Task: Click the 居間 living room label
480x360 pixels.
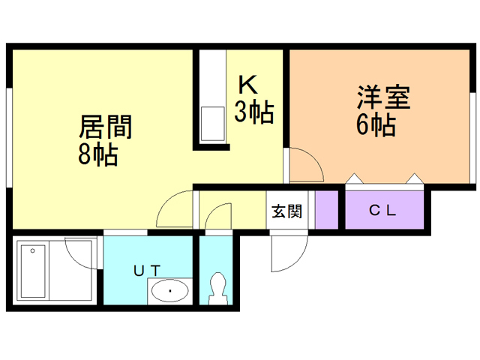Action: point(106,127)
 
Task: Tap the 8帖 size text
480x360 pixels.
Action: point(97,155)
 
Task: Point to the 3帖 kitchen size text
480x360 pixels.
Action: point(253,112)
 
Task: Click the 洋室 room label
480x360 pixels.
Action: point(382,98)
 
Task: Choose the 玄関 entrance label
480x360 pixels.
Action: point(286,211)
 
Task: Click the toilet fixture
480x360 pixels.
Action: point(218,288)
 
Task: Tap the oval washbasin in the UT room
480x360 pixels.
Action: point(170,290)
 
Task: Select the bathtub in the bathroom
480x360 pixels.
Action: point(34,271)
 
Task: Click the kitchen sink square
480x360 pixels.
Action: point(211,122)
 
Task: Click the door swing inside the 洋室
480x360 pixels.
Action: point(304,165)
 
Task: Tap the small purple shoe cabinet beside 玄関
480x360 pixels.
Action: point(326,210)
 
